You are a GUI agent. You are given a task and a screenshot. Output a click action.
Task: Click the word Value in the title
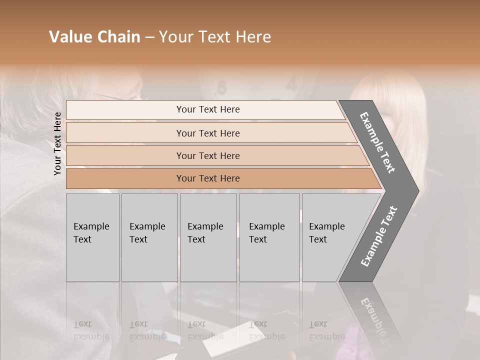pos(70,37)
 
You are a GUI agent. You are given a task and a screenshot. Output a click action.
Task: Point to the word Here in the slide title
pos(253,37)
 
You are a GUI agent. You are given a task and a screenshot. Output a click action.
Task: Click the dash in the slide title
pos(149,37)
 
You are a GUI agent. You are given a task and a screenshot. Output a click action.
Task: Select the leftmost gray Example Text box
pos(92,237)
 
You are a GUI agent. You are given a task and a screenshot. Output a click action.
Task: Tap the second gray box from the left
pos(149,237)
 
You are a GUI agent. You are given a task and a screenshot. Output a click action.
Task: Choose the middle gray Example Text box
pos(208,237)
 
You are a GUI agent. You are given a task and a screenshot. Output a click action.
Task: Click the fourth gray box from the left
pos(269,237)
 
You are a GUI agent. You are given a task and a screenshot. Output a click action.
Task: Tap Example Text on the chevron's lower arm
pos(379,236)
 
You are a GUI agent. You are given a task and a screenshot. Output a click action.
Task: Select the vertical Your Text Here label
pos(58,143)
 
